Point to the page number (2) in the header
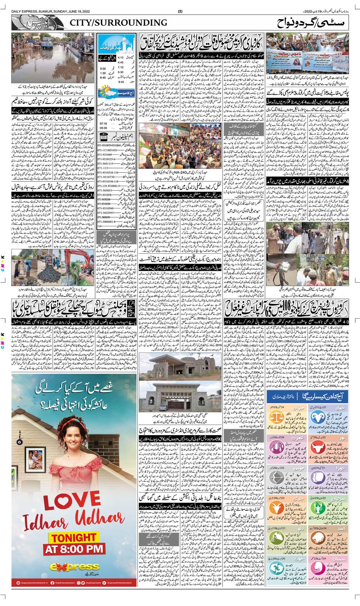click(x=180, y=12)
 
